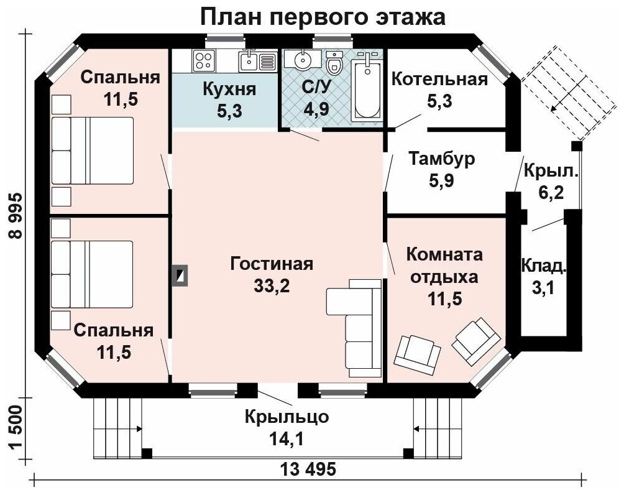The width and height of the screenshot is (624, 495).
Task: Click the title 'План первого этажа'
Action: click(x=323, y=17)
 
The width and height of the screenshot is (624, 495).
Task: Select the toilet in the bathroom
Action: click(x=334, y=63)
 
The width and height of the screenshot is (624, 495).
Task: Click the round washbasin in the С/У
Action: click(x=303, y=59)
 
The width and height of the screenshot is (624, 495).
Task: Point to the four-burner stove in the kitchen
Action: click(x=204, y=60)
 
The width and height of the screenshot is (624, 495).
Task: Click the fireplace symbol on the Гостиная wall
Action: click(x=180, y=275)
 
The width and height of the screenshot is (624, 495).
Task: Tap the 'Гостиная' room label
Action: click(x=272, y=264)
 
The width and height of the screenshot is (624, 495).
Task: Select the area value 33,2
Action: click(x=272, y=286)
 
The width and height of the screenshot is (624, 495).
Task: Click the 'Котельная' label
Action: click(x=440, y=79)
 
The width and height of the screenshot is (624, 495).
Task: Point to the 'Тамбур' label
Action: click(x=442, y=159)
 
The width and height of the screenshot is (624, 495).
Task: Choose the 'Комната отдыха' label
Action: click(x=444, y=265)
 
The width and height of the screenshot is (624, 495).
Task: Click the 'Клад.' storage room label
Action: click(x=544, y=266)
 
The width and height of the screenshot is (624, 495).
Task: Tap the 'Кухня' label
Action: click(x=229, y=89)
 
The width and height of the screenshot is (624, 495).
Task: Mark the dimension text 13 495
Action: click(x=308, y=470)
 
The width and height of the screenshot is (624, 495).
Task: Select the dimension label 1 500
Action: click(x=16, y=428)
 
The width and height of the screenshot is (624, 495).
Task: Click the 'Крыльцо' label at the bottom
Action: click(x=287, y=417)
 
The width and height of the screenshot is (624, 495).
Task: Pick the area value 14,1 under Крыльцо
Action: click(x=287, y=439)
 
